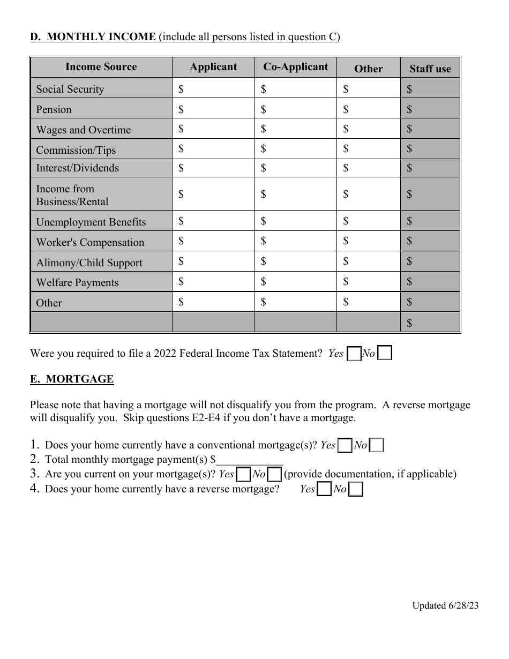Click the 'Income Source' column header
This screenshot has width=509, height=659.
pyautogui.click(x=101, y=67)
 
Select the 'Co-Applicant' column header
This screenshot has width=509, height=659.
pyautogui.click(x=295, y=67)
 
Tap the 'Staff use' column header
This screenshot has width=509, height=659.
pyautogui.click(x=430, y=69)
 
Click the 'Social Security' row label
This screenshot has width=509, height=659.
pyautogui.click(x=70, y=89)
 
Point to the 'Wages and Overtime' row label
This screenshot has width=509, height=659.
pyautogui.click(x=83, y=130)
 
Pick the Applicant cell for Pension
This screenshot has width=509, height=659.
pyautogui.click(x=213, y=109)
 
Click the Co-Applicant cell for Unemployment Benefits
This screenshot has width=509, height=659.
pyautogui.click(x=295, y=221)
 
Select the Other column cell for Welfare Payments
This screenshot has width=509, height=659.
pyautogui.click(x=368, y=281)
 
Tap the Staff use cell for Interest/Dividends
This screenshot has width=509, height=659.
pyautogui.click(x=430, y=168)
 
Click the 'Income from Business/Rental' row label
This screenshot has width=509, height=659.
pyautogui.click(x=72, y=195)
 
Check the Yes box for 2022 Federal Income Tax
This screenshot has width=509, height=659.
pyautogui.click(x=354, y=354)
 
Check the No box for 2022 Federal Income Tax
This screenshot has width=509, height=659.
pyautogui.click(x=384, y=353)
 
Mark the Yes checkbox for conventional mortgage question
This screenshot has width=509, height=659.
pyautogui.click(x=346, y=446)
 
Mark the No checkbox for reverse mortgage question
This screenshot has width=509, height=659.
pyautogui.click(x=355, y=489)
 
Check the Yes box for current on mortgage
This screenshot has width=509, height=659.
pyautogui.click(x=243, y=475)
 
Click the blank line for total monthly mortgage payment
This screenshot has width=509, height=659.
pyautogui.click(x=249, y=460)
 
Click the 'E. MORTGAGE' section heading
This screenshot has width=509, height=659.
pyautogui.click(x=72, y=379)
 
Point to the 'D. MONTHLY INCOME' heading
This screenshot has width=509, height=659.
pyautogui.click(x=93, y=37)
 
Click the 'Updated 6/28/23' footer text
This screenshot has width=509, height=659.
pyautogui.click(x=445, y=605)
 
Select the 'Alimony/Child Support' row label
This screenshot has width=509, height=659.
pyautogui.click(x=89, y=263)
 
